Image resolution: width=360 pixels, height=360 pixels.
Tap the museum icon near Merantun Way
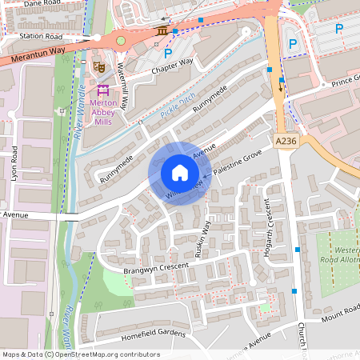point(162,30)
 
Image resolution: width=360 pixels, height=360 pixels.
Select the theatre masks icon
point(99,66)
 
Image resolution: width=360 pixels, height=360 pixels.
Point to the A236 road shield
point(285,141)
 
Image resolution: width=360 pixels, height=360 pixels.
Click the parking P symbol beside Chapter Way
point(168,54)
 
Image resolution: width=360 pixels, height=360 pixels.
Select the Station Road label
point(41,36)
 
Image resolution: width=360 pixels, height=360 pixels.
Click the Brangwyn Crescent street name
point(156,268)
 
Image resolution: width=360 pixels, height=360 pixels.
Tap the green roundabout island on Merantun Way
point(121,40)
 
